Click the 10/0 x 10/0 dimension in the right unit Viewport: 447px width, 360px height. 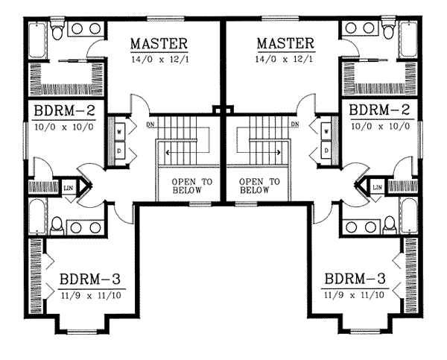coord(381,127)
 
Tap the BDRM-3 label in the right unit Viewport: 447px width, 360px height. coord(356,281)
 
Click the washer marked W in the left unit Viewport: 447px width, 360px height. coord(119,132)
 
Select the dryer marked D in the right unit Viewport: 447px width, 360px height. coord(326,149)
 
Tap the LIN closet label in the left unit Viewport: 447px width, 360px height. coord(69,187)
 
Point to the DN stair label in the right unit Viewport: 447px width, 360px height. coord(296,124)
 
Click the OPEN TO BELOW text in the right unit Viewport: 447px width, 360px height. coord(260,186)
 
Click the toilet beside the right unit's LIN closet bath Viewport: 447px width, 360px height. coord(389,223)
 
